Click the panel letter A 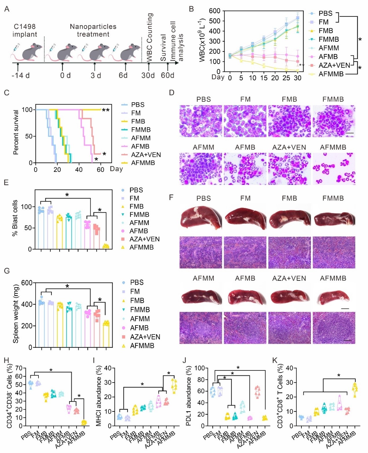coord(7,9)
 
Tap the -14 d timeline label coord(21,75)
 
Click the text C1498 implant coord(25,30)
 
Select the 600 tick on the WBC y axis coord(215,11)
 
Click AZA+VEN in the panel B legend coord(334,66)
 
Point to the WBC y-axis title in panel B coord(202,41)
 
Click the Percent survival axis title coord(16,132)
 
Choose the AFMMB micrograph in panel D coord(334,169)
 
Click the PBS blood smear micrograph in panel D coord(201,121)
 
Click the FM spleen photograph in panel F coord(246,218)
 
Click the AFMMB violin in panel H coord(84,422)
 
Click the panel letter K coord(275,360)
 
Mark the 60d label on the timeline coord(167,75)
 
